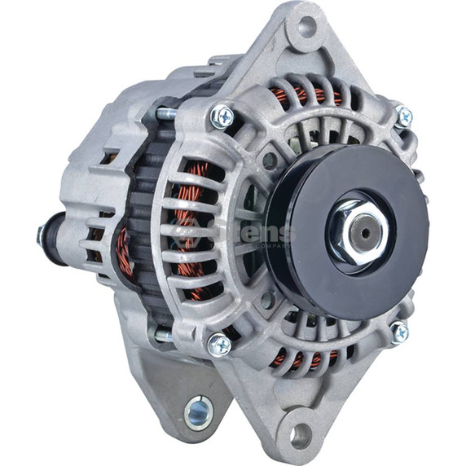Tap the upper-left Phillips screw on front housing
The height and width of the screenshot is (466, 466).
(221, 116)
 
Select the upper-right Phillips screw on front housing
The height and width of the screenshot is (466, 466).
(403, 116)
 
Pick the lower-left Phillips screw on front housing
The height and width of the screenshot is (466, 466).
(218, 345)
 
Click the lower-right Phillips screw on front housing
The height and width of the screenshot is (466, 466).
(399, 332)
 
